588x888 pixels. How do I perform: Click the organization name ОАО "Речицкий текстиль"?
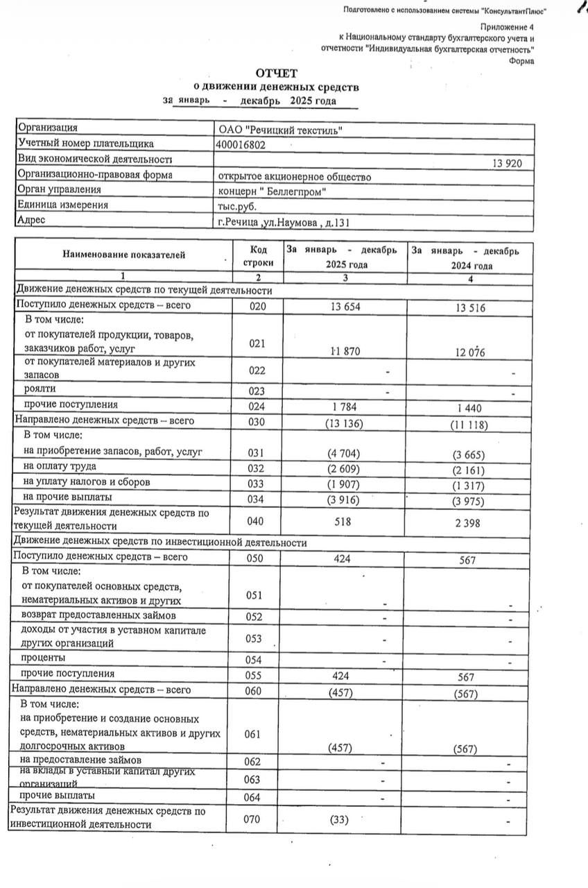279,130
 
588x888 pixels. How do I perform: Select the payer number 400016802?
241,144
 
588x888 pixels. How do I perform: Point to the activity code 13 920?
508,164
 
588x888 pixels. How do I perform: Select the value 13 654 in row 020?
343,307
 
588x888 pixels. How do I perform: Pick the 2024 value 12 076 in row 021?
469,352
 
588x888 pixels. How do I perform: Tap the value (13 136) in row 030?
343,423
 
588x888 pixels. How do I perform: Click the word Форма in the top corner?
521,61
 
